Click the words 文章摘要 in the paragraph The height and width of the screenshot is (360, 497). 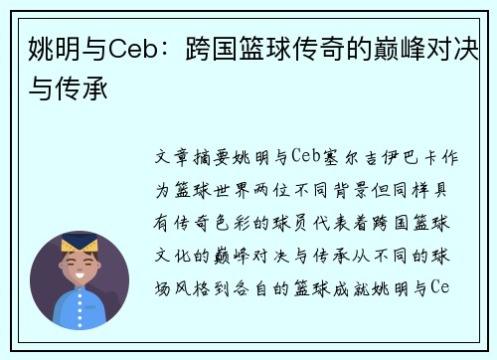[199, 157]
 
